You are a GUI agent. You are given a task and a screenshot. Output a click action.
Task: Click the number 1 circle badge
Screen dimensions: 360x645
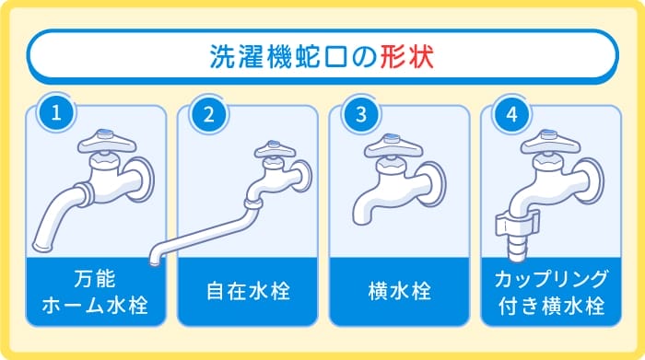(x=56, y=113)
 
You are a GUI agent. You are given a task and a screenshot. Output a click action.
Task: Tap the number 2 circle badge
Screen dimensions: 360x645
(x=208, y=113)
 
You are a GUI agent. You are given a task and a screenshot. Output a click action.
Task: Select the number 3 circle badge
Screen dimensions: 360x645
(x=359, y=113)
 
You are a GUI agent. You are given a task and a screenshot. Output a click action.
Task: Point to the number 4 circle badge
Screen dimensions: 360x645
(x=510, y=113)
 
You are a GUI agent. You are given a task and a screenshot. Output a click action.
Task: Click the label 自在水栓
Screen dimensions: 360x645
(x=246, y=293)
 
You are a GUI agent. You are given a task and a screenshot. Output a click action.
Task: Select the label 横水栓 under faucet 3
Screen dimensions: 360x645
(x=398, y=293)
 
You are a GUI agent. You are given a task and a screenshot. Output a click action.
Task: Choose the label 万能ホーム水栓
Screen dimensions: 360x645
(x=95, y=291)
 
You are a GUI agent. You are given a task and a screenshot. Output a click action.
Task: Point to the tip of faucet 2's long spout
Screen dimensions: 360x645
(x=153, y=257)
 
